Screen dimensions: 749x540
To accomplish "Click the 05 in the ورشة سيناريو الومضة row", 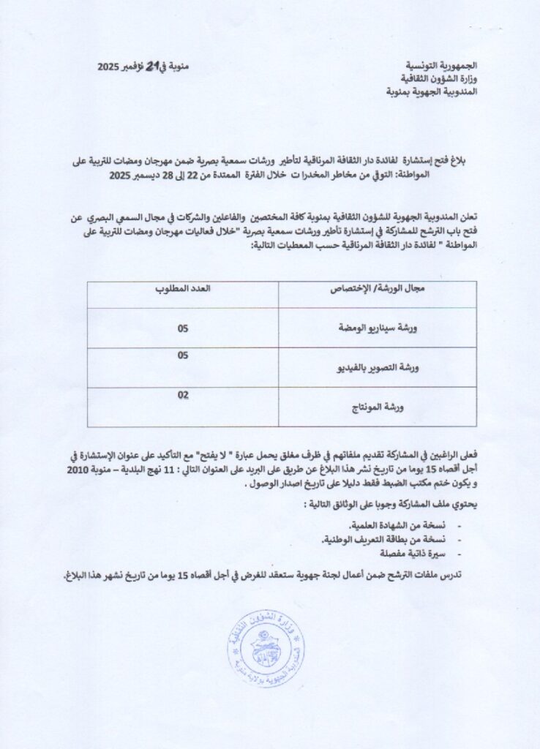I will click(x=183, y=328).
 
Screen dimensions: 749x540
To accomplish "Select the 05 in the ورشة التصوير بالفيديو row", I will click(x=183, y=355).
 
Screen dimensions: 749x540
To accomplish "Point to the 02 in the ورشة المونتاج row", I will click(x=183, y=395).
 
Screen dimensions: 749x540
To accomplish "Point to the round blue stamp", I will click(x=266, y=647).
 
